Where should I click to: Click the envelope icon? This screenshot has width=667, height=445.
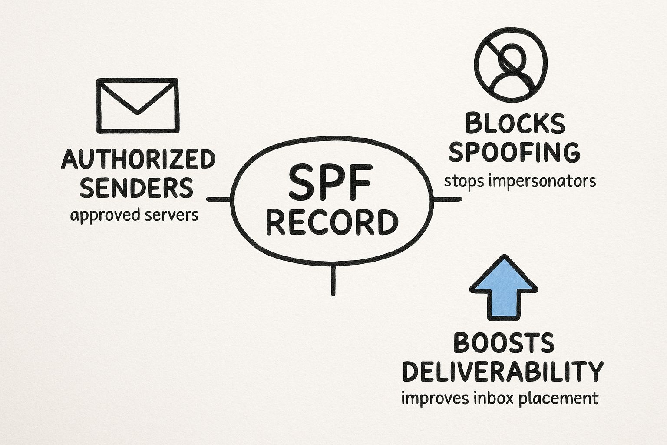pyautogui.click(x=137, y=105)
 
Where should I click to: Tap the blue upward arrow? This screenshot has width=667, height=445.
pyautogui.click(x=504, y=289)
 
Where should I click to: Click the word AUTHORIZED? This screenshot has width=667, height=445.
pyautogui.click(x=138, y=159)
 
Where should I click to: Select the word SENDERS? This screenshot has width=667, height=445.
pyautogui.click(x=137, y=188)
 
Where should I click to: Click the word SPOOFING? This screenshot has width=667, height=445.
pyautogui.click(x=514, y=152)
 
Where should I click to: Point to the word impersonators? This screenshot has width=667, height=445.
pyautogui.click(x=542, y=181)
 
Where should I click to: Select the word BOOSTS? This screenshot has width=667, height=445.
pyautogui.click(x=504, y=343)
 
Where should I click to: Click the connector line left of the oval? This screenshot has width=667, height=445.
pyautogui.click(x=219, y=199)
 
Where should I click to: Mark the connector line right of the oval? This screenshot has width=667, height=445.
pyautogui.click(x=447, y=199)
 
